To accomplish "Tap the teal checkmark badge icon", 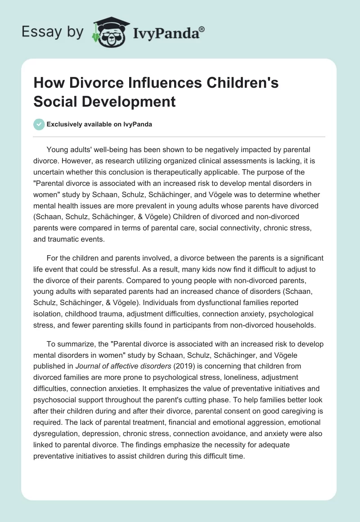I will point(39,124).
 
